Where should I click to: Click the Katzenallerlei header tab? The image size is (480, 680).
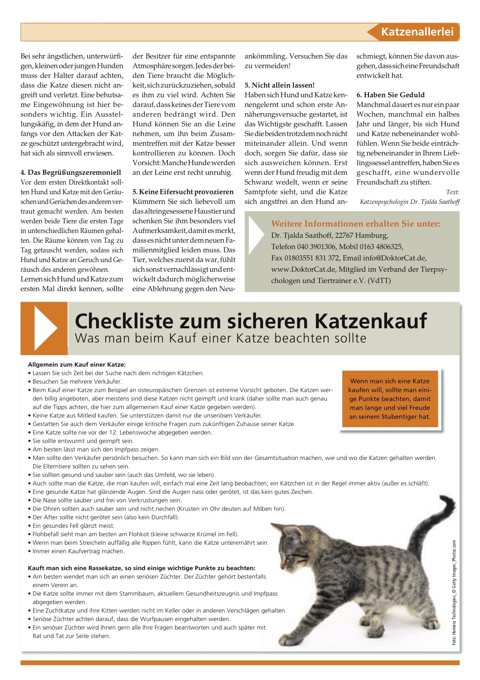tap(417, 32)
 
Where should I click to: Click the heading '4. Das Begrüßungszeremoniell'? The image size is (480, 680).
tap(71, 172)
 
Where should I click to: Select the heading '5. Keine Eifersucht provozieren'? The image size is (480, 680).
tap(183, 192)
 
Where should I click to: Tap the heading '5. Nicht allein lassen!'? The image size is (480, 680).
tap(280, 85)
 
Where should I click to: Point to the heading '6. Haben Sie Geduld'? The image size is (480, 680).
tap(390, 95)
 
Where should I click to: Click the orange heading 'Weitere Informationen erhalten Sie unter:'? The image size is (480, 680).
tap(355, 224)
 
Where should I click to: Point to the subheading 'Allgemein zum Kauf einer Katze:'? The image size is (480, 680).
tap(77, 365)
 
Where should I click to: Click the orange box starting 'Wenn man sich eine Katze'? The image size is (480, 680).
tap(390, 399)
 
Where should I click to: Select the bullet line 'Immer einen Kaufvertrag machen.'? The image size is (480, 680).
tap(79, 551)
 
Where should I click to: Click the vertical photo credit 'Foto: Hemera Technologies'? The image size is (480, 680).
tap(454, 593)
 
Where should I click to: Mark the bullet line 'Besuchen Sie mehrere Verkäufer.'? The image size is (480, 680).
tap(77, 382)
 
